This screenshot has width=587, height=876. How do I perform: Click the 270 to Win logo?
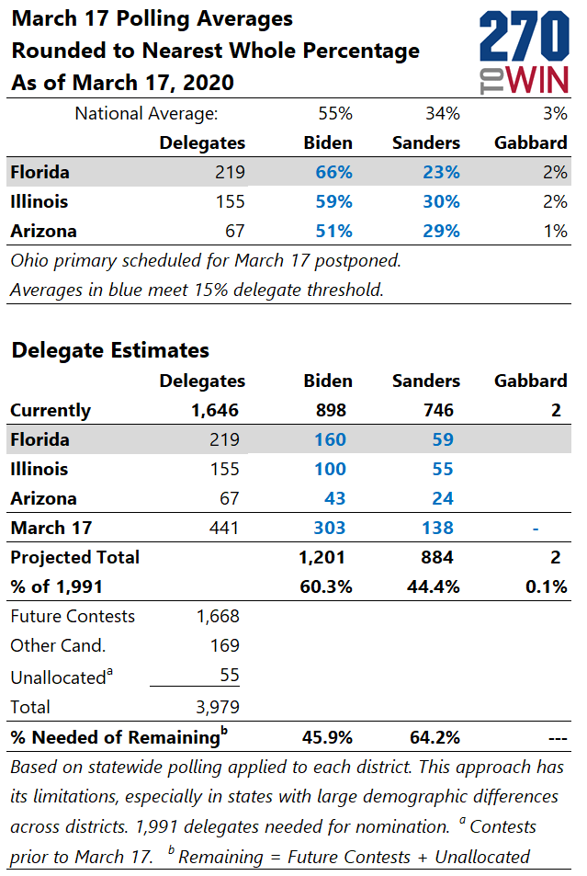coord(524,52)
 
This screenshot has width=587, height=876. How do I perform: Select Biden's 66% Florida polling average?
coord(328,172)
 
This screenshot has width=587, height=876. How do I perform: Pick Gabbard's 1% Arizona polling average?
coord(554,231)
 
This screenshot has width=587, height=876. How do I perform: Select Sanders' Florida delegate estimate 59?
coord(443,439)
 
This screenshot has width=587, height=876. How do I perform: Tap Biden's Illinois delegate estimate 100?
coord(328,469)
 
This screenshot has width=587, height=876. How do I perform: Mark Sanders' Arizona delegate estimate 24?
coord(443,498)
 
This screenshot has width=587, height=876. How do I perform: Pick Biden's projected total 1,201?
coord(321,557)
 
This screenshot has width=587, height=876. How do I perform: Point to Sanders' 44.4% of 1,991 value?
coord(435,586)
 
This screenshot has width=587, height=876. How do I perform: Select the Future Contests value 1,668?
coord(217,616)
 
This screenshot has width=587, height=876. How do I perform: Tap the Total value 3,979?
coord(217,707)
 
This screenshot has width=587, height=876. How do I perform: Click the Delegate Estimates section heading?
coord(110,350)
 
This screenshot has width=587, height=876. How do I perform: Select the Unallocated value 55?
coord(228,676)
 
